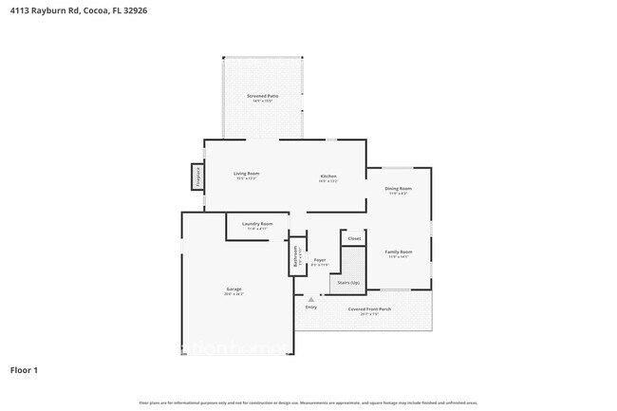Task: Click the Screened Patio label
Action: (x=263, y=96)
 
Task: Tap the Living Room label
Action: (x=247, y=174)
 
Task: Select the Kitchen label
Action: (x=328, y=176)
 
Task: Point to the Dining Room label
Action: (x=399, y=189)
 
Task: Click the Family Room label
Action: (x=398, y=252)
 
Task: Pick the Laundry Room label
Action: (x=257, y=224)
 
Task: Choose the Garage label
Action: (x=234, y=289)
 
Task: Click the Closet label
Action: (x=354, y=239)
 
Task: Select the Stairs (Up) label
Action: (x=347, y=283)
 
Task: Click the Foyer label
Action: (x=320, y=260)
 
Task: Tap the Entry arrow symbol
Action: (x=310, y=299)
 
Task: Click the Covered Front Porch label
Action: (x=369, y=309)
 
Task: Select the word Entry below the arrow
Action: (x=311, y=308)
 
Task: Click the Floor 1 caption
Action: (x=25, y=370)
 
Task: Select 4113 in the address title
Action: (x=19, y=10)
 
